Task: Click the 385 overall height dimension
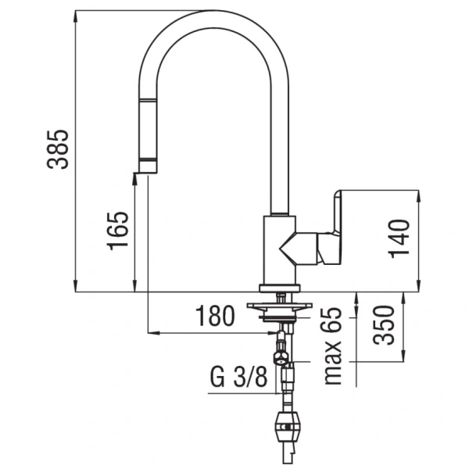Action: (x=59, y=149)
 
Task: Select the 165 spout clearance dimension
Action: (x=118, y=230)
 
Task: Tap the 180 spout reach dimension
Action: (x=215, y=317)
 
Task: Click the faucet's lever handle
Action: (x=328, y=231)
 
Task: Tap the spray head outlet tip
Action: (x=147, y=167)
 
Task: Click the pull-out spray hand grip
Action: (x=147, y=129)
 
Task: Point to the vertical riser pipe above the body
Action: (x=279, y=141)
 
